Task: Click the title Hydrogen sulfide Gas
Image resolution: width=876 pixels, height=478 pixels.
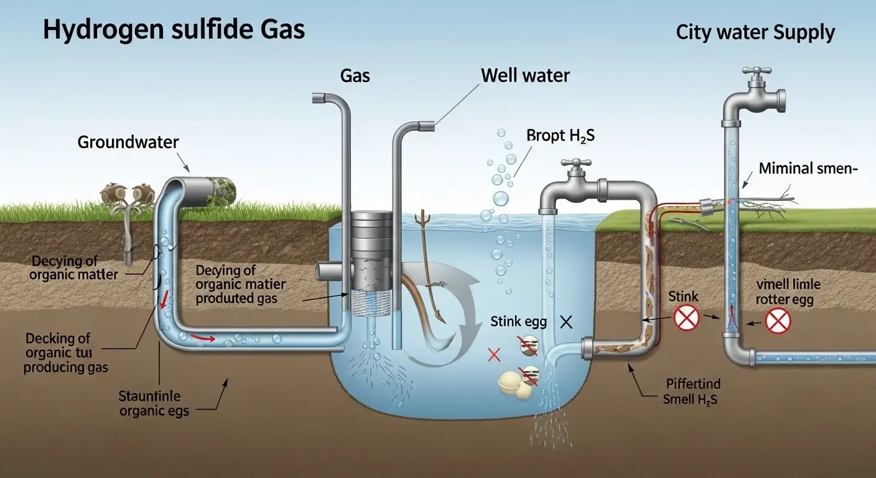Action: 174,30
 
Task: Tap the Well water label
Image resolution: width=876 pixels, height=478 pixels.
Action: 525,76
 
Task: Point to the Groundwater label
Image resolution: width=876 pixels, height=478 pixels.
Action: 128,142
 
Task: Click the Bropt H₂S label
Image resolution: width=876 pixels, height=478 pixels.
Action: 560,135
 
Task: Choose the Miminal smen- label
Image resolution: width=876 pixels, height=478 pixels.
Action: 804,168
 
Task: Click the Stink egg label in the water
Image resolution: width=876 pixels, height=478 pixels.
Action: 518,322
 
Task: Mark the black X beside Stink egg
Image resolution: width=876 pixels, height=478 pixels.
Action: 566,322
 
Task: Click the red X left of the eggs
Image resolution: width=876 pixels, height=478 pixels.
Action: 494,355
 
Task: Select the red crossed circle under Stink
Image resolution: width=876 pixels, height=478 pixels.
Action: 687,319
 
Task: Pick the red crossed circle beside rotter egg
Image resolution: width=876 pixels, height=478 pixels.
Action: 777,322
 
